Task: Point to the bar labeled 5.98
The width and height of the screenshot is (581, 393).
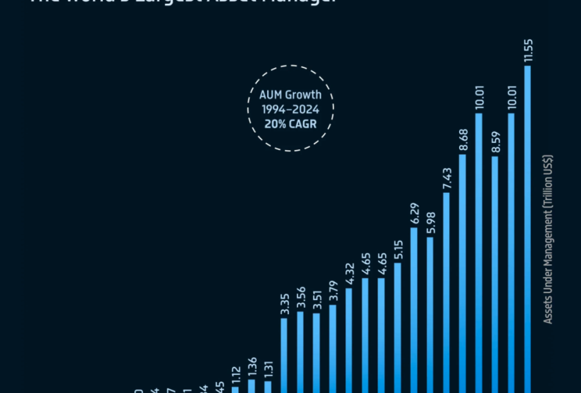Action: click(429, 314)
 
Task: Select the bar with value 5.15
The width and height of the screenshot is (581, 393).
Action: click(397, 327)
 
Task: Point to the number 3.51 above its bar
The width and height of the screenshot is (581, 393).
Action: click(317, 299)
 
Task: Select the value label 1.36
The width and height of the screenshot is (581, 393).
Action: click(252, 366)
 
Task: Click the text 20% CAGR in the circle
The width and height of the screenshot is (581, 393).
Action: click(290, 124)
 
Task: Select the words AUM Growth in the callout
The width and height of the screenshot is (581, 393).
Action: click(290, 95)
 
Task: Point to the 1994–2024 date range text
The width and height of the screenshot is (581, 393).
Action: click(290, 110)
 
